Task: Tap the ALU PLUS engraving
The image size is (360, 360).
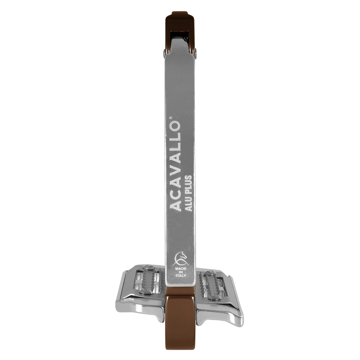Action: point(189,193)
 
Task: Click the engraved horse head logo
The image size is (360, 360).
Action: point(180,258)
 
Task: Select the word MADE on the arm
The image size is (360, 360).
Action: point(181,268)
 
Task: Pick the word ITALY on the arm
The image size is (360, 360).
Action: point(181,276)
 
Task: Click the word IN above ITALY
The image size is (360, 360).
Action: point(181,272)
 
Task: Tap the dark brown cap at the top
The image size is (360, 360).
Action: point(180,28)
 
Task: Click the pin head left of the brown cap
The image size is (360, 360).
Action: point(164,53)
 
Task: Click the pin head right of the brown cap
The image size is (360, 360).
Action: point(196,53)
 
